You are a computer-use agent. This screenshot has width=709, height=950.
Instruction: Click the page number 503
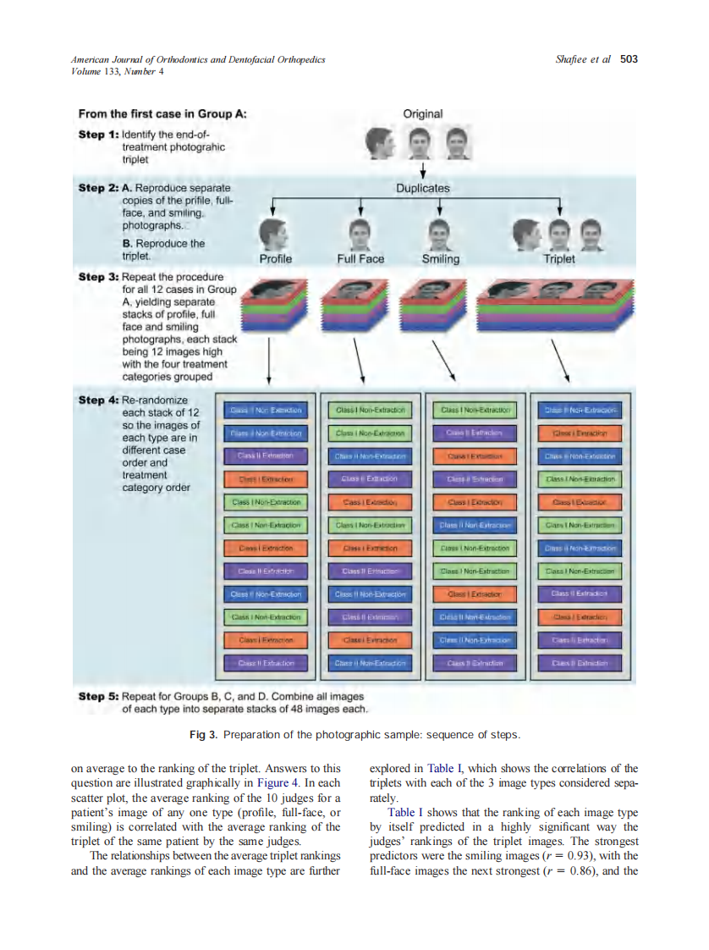tap(629, 59)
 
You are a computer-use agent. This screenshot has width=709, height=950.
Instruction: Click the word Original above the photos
tap(422, 113)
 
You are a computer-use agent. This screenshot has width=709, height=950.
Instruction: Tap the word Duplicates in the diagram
tap(422, 188)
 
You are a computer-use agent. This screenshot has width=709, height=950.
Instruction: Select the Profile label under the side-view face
tap(275, 259)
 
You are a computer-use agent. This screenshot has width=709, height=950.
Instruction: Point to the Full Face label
tap(360, 259)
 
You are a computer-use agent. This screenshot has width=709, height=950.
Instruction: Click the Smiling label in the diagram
tap(440, 259)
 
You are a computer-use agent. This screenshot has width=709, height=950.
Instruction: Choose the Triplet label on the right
tap(559, 259)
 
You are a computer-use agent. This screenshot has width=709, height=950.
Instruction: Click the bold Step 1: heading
tap(98, 134)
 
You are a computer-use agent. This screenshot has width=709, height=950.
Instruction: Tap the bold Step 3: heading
tap(98, 277)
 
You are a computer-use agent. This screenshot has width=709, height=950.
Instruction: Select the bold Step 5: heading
tap(98, 697)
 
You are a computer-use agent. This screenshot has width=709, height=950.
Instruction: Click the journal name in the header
tap(198, 60)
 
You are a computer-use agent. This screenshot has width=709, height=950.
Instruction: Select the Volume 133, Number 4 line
tap(118, 71)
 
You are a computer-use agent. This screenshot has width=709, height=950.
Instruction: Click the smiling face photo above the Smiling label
tap(438, 232)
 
